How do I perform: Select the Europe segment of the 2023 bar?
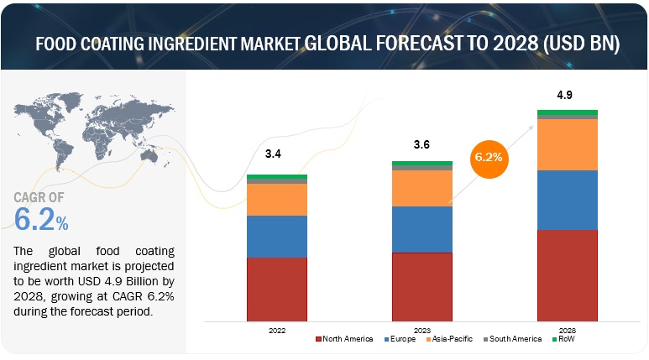click(x=422, y=229)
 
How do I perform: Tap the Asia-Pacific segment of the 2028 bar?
click(x=568, y=144)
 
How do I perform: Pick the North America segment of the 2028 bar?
click(x=568, y=275)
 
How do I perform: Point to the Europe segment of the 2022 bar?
click(x=276, y=236)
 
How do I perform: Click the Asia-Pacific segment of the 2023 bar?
click(x=422, y=188)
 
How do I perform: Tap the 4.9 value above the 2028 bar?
click(x=568, y=94)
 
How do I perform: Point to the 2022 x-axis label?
click(x=276, y=330)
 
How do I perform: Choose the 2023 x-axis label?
click(x=422, y=330)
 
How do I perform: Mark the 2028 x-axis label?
click(x=568, y=330)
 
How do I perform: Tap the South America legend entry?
click(x=512, y=339)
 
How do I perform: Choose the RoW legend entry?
click(x=566, y=339)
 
